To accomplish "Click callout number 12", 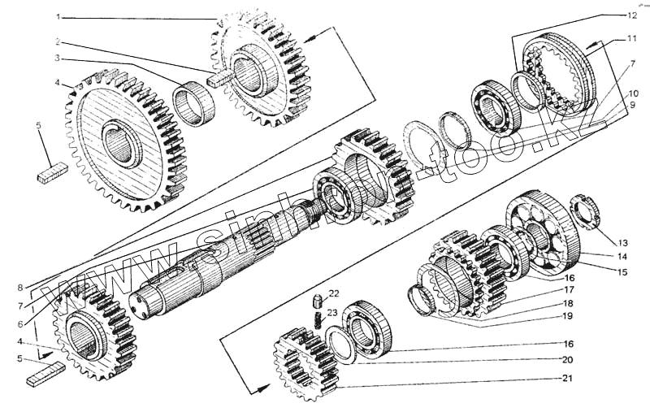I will tap(631, 15).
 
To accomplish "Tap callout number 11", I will tap(631, 39).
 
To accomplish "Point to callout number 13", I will tap(622, 242).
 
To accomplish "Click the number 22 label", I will tap(334, 293).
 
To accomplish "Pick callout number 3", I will tap(57, 59).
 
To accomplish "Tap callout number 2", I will tap(57, 40).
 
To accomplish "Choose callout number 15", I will tap(622, 272).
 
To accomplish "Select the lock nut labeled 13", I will tap(587, 212).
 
